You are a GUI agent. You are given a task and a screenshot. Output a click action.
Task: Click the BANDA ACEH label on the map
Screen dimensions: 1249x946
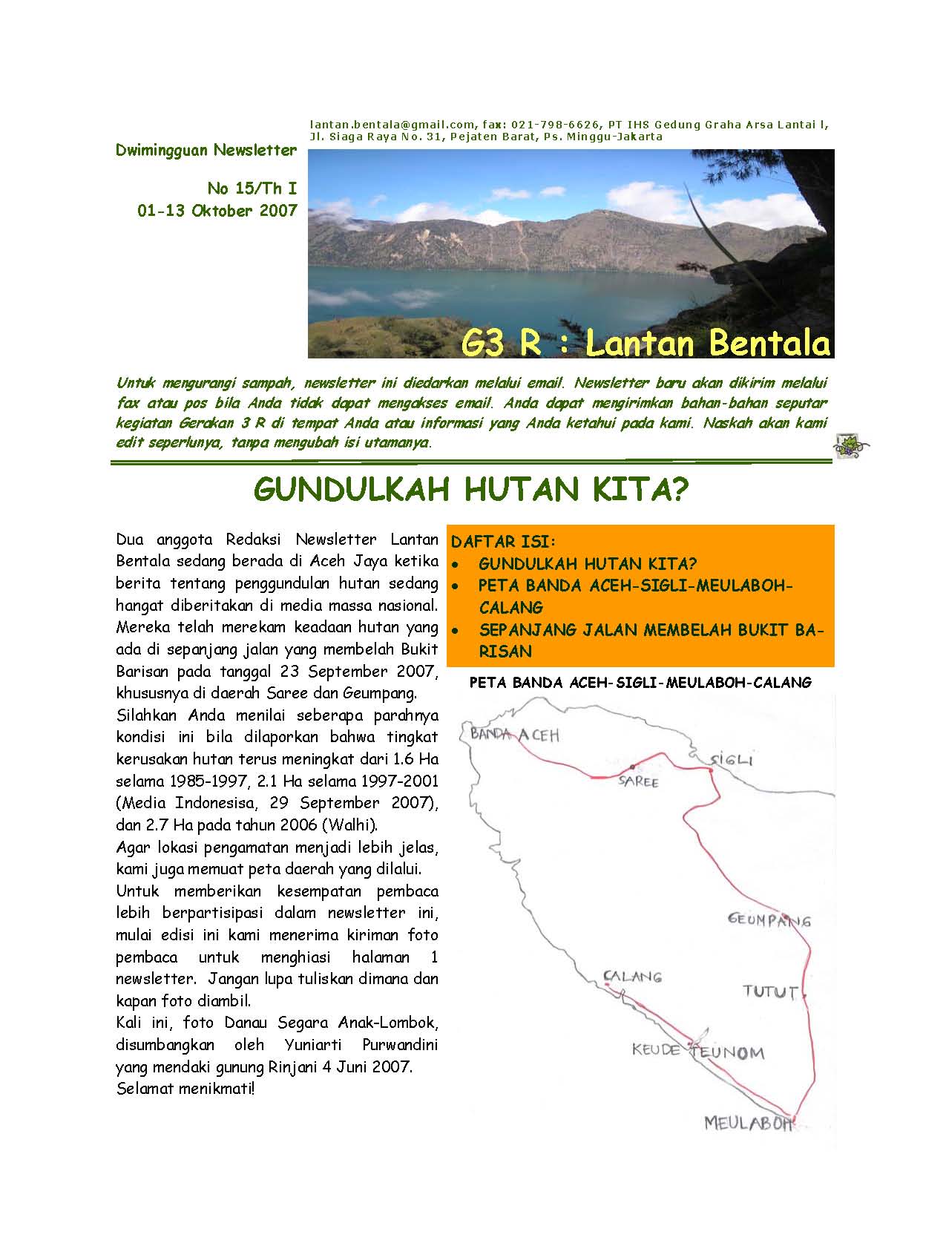coord(515,735)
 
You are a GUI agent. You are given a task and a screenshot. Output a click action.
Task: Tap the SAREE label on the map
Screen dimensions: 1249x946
coord(638,781)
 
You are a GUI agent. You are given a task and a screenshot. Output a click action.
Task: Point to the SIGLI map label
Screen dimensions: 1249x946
coord(732,760)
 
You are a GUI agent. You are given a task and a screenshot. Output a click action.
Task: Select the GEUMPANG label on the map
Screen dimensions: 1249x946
coord(769,920)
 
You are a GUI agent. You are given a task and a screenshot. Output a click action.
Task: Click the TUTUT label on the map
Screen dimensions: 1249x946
coord(771,991)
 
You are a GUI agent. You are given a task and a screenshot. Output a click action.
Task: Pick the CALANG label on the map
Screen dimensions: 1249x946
coord(632,977)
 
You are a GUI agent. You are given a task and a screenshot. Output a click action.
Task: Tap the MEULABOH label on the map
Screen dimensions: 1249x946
coord(748,1123)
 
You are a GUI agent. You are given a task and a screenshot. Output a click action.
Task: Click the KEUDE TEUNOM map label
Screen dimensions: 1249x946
coord(697,1051)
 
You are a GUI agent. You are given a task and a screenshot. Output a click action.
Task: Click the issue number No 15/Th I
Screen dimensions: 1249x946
coord(252,189)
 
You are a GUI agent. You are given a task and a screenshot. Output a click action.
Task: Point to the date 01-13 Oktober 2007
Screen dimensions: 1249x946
coord(217,211)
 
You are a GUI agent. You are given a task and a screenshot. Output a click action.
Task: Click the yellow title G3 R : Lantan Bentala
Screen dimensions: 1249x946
coord(644,343)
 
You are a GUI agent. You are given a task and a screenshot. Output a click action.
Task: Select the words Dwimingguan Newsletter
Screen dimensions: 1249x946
coord(206,151)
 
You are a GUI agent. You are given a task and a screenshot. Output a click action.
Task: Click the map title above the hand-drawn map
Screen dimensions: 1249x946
coord(640,682)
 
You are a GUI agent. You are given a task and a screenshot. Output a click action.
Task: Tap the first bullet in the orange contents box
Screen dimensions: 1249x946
coord(458,565)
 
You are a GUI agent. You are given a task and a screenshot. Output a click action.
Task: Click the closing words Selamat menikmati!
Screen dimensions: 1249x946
coord(185,1089)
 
